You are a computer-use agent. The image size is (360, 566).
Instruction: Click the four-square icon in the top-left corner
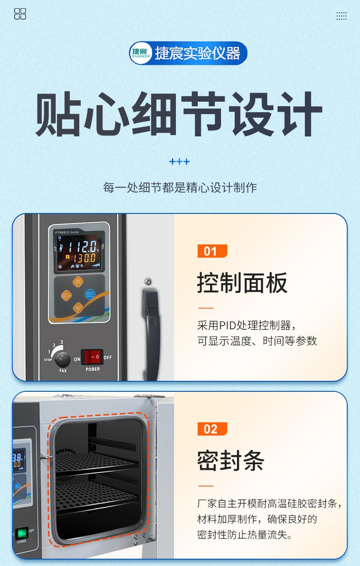point(20,14)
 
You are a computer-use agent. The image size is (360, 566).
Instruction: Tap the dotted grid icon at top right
point(341,16)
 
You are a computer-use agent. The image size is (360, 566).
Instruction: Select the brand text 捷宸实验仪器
point(197,53)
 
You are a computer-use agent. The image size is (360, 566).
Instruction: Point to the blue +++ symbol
point(180,162)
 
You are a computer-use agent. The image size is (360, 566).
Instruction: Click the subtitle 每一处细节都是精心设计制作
point(180,187)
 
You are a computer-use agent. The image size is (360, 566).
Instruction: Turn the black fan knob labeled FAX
point(63,359)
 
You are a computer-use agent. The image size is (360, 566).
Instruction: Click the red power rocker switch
point(92,357)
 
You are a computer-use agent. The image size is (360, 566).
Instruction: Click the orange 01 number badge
point(212,251)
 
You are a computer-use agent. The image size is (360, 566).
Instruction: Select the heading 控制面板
point(242,283)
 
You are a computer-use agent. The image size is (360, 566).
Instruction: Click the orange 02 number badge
point(212,429)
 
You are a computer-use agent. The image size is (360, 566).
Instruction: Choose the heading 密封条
point(231,460)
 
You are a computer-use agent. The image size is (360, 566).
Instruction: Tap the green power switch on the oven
point(21,533)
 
